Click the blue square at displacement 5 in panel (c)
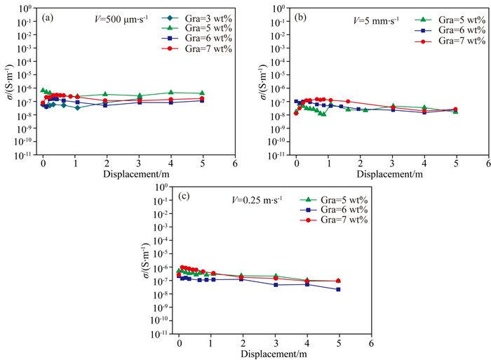coord(339,289)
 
